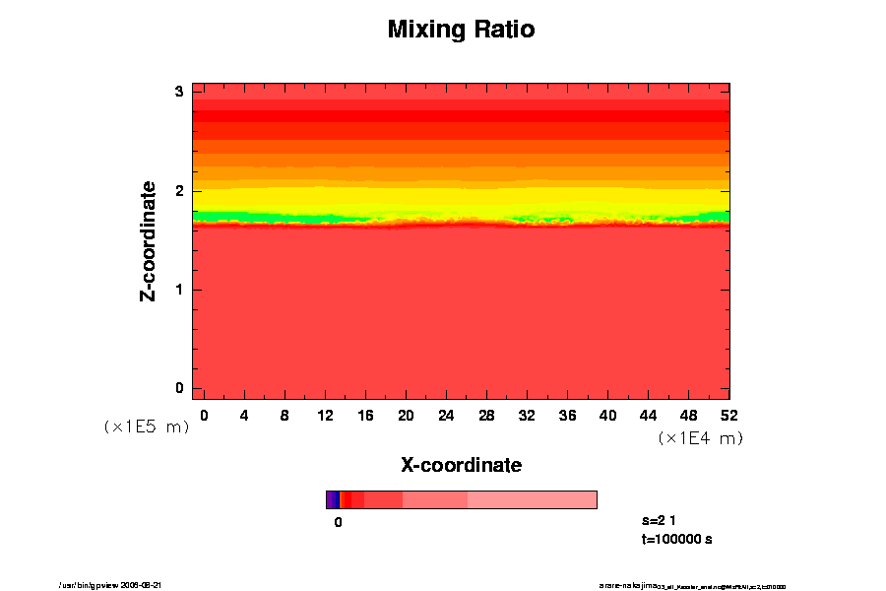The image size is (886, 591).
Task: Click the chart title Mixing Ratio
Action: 461,30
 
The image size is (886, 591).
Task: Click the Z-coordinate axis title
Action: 149,240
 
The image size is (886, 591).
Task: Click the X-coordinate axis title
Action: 461,465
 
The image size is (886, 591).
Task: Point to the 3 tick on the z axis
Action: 180,92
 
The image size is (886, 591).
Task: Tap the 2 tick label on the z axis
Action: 180,191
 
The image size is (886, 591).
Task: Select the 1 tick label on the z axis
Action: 180,290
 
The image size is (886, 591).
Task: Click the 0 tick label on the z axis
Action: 180,388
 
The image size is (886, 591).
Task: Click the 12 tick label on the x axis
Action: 325,416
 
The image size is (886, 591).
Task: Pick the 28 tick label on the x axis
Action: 486,416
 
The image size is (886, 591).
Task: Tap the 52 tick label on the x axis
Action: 729,416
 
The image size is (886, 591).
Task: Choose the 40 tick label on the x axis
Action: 608,416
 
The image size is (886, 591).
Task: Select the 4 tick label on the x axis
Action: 244,416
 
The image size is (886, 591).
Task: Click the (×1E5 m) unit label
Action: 147,427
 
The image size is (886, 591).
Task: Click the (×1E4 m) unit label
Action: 700,438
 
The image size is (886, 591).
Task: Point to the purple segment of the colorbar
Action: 332,499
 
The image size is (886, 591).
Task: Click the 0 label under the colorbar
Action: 338,523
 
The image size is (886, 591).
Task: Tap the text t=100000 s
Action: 675,539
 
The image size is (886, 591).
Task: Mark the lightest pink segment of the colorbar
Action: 532,499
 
